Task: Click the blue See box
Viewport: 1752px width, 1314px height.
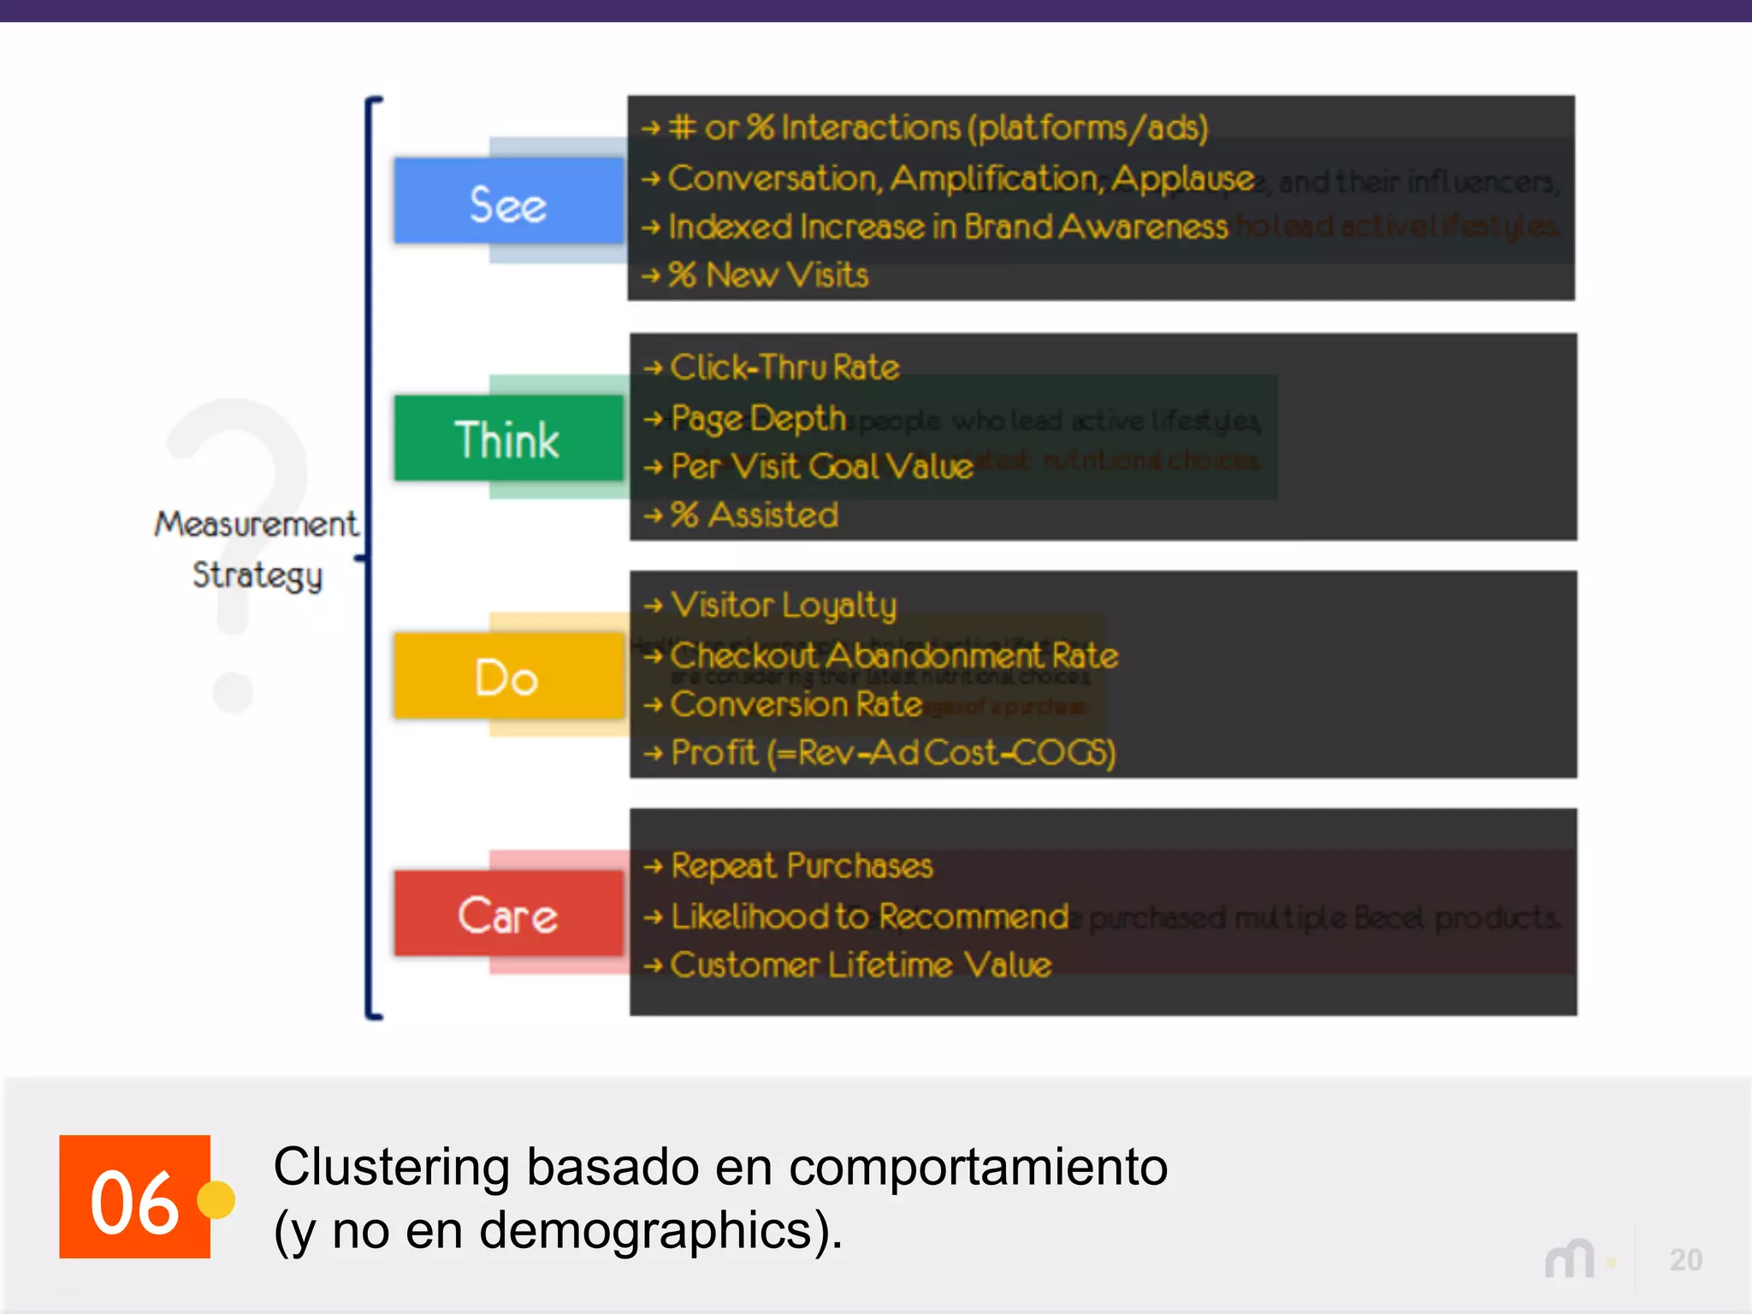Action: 508,202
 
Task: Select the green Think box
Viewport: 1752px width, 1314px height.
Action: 508,439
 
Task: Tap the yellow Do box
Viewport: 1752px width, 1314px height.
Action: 508,677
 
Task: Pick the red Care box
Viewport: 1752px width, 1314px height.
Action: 508,914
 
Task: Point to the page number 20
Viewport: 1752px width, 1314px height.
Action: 1685,1260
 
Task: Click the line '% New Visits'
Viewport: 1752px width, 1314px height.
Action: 767,275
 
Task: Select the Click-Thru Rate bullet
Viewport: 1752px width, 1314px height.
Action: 784,368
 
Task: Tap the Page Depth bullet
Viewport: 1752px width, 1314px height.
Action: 758,418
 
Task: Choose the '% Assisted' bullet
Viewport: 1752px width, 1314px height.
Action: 754,515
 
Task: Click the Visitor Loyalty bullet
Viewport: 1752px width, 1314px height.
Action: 784,606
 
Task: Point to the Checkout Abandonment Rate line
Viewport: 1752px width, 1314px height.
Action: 894,656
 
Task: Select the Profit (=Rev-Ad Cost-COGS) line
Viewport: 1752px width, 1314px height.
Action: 893,753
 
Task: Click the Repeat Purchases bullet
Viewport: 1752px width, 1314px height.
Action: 802,866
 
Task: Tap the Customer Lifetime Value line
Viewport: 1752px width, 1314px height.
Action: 861,965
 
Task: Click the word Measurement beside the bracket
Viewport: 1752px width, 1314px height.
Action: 256,524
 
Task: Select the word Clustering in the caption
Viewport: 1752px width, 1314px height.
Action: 391,1167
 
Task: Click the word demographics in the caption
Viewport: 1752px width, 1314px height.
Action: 646,1230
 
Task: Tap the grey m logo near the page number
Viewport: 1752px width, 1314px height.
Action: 1570,1259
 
